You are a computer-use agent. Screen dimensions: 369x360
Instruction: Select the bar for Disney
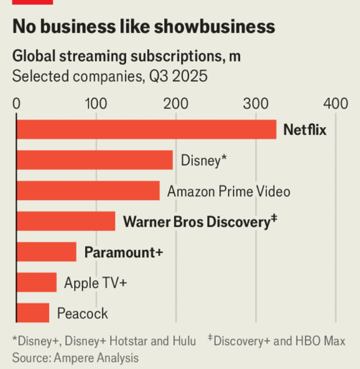tap(95, 160)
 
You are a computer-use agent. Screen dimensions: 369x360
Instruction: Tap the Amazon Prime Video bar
tap(88, 190)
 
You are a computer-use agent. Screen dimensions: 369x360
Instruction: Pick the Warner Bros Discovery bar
tap(66, 221)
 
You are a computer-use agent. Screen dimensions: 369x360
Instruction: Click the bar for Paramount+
tap(46, 252)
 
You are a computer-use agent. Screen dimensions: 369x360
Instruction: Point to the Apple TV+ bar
tap(37, 282)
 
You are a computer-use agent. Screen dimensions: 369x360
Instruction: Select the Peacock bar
tap(33, 313)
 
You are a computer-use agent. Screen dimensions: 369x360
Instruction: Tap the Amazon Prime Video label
tap(228, 191)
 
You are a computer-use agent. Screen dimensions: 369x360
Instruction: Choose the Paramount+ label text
tap(124, 253)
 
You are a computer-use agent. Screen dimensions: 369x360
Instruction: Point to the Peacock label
tap(82, 313)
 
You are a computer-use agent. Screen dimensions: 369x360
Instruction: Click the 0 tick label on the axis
tap(17, 104)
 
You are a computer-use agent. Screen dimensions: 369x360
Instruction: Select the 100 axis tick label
tap(96, 104)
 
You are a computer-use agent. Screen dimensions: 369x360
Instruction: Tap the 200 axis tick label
tap(176, 104)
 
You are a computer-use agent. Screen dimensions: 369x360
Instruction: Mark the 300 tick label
tap(256, 104)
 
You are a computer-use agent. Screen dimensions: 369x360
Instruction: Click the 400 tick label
tap(336, 104)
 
